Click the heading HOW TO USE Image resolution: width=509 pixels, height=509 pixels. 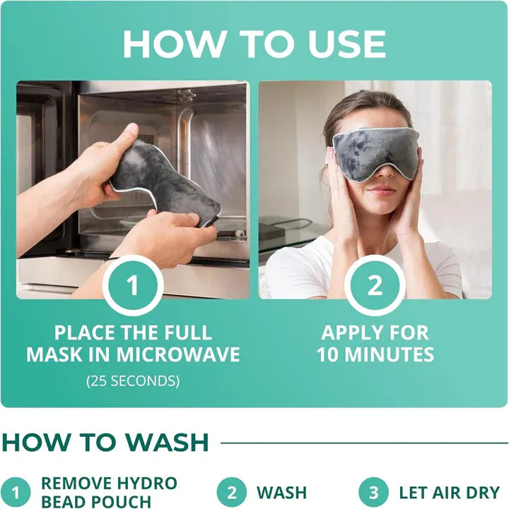pyautogui.click(x=254, y=44)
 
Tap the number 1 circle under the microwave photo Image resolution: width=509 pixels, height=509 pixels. pyautogui.click(x=133, y=286)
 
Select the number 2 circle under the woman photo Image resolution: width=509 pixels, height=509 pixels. pyautogui.click(x=375, y=286)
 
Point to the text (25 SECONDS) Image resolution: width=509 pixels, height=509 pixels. pyautogui.click(x=133, y=381)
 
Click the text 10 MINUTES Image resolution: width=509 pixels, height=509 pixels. pyautogui.click(x=375, y=354)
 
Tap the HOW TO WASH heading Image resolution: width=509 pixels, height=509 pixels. pyautogui.click(x=106, y=443)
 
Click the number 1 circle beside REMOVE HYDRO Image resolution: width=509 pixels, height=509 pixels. pyautogui.click(x=16, y=493)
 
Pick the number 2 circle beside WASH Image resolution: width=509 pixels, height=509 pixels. pyautogui.click(x=233, y=493)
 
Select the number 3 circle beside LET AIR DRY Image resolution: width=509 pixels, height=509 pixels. pyautogui.click(x=374, y=493)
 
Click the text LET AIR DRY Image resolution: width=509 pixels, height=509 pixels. pyautogui.click(x=449, y=493)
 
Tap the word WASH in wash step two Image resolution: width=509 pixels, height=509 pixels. pyautogui.click(x=281, y=493)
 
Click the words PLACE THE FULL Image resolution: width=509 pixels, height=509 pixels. pyautogui.click(x=133, y=332)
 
